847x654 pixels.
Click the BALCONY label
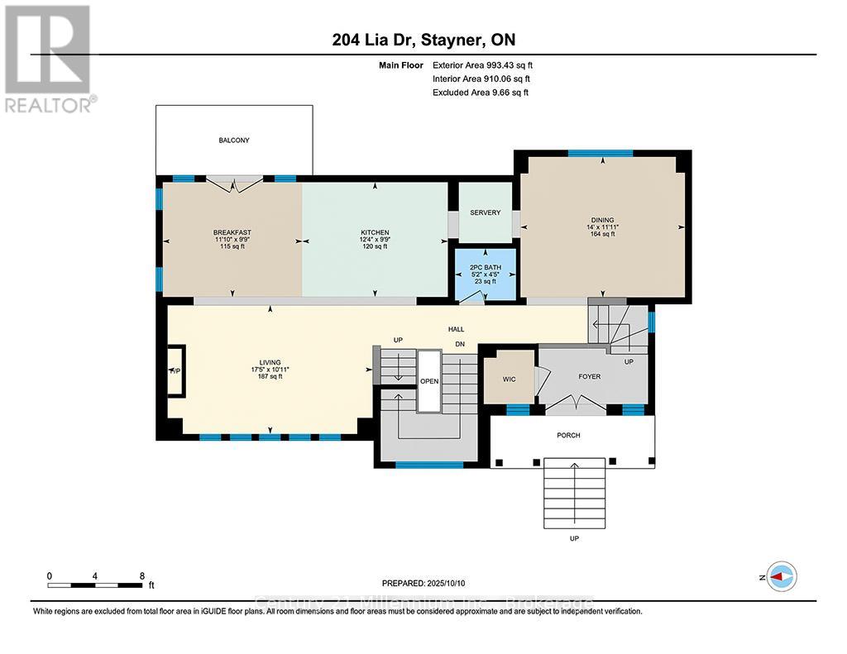tap(234, 141)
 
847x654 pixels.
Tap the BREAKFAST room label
tap(232, 232)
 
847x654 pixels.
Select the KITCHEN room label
tap(375, 232)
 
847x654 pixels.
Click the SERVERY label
tap(485, 212)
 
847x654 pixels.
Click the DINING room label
tap(602, 220)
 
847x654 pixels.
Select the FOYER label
tap(589, 376)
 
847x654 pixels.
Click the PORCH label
tap(568, 435)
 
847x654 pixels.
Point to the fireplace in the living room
tap(175, 370)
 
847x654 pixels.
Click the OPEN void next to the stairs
tap(428, 381)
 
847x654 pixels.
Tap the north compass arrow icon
tap(782, 576)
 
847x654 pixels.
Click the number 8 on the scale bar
tap(142, 575)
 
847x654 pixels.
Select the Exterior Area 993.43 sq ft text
tap(488, 64)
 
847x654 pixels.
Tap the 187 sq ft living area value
tap(270, 376)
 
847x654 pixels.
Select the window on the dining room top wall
tap(601, 153)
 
